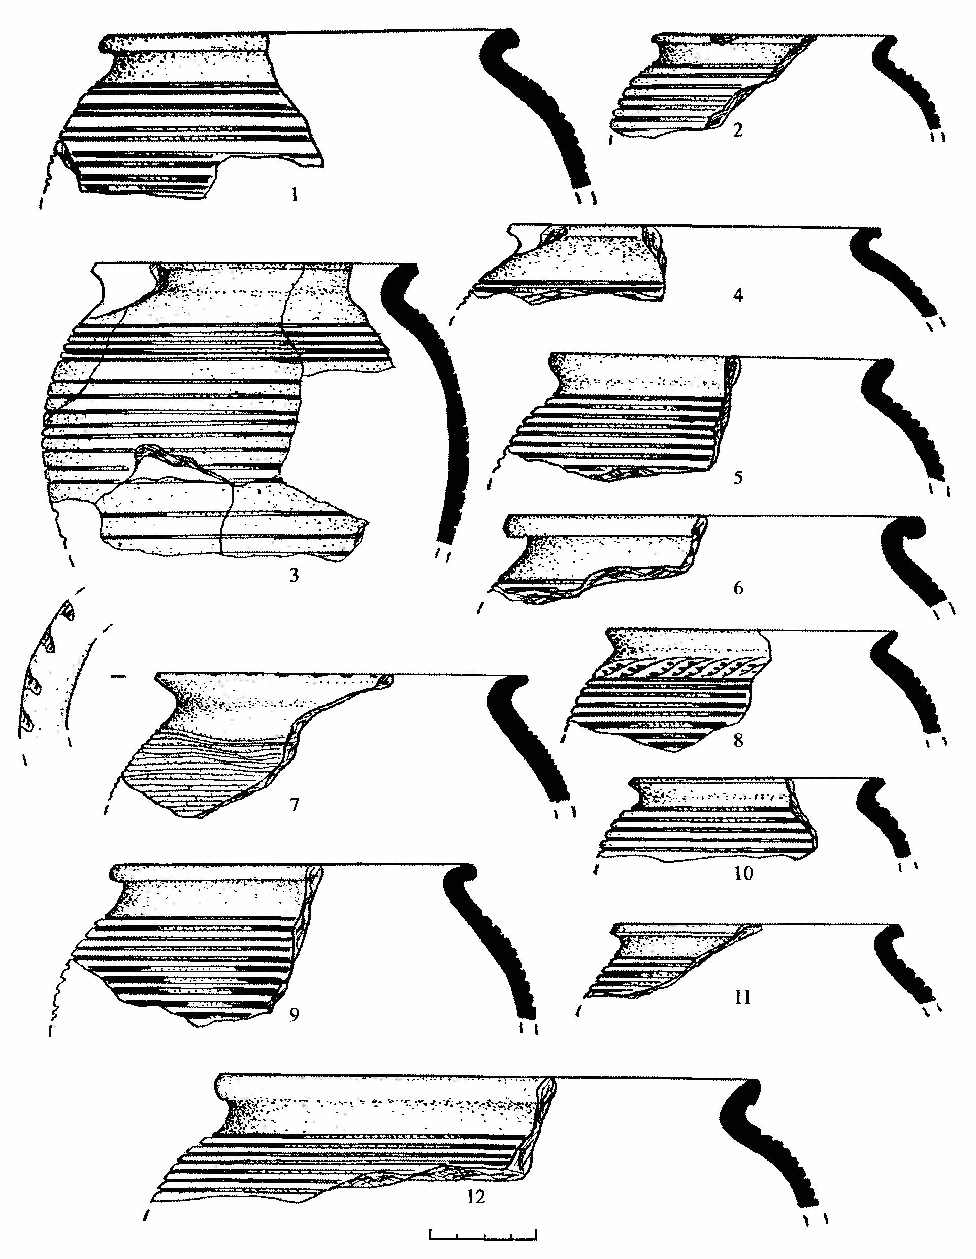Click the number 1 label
295,195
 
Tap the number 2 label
738,130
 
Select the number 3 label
294,575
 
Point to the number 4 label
738,295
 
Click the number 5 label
738,477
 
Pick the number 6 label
738,588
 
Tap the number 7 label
295,804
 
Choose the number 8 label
738,740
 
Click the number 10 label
743,873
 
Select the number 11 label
742,997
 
